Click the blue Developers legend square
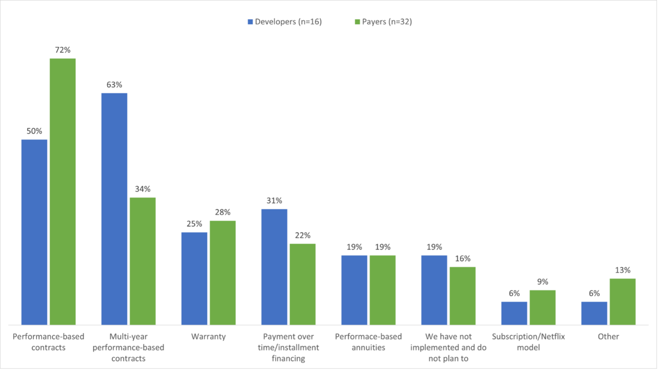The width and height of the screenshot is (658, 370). click(250, 22)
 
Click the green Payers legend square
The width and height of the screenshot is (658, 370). click(357, 22)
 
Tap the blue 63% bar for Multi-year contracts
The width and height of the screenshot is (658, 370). click(114, 209)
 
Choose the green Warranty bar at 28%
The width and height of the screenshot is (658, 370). click(223, 273)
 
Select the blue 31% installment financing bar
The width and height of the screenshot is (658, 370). click(274, 267)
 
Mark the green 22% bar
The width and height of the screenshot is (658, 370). click(303, 284)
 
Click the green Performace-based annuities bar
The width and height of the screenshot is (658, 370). click(383, 290)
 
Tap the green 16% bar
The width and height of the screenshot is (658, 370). click(463, 296)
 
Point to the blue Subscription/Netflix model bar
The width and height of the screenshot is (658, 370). click(514, 313)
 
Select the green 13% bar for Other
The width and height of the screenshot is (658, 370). click(623, 302)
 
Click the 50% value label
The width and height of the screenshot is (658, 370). click(34, 131)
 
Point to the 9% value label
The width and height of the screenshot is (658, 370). click(543, 282)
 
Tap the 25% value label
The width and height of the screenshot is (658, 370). click(194, 224)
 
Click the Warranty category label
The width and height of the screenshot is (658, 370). click(208, 337)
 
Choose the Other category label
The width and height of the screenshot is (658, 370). click(608, 337)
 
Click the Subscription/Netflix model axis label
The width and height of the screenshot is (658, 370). click(528, 342)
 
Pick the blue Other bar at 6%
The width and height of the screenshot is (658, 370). click(594, 313)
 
